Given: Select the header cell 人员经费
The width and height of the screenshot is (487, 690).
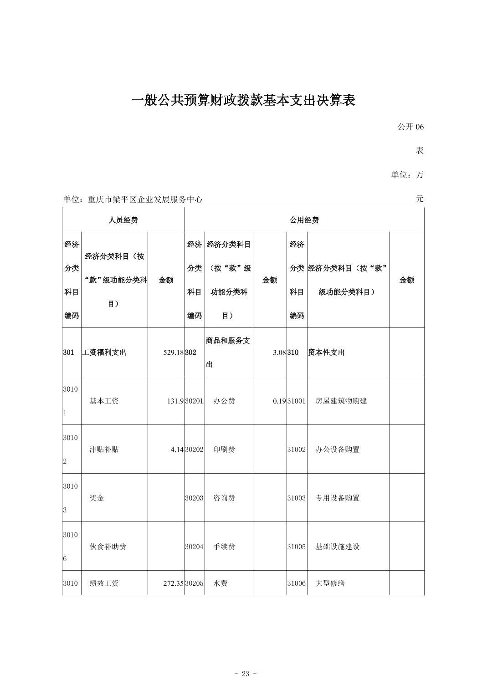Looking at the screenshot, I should pyautogui.click(x=123, y=220).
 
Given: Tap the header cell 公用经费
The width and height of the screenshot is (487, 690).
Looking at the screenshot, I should pyautogui.click(x=304, y=220).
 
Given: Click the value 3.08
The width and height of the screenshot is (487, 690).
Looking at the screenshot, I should pyautogui.click(x=279, y=353).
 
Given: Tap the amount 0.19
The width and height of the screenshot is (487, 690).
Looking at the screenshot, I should pyautogui.click(x=279, y=401).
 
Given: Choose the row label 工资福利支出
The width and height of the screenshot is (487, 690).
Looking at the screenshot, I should pyautogui.click(x=104, y=353).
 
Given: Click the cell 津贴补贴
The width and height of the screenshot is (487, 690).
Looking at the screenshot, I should pyautogui.click(x=104, y=450).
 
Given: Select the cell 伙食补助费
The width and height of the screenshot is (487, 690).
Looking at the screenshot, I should pyautogui.click(x=108, y=547).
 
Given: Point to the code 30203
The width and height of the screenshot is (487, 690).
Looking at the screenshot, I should pyautogui.click(x=194, y=498).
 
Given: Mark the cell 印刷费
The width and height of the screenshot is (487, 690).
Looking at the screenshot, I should pyautogui.click(x=224, y=450).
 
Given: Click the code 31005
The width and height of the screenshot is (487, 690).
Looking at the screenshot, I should pyautogui.click(x=296, y=547).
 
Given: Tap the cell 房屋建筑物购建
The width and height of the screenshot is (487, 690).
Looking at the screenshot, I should pyautogui.click(x=341, y=401).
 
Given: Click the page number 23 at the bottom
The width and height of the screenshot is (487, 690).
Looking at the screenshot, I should pyautogui.click(x=246, y=674).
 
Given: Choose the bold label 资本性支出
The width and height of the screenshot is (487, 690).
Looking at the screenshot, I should pyautogui.click(x=326, y=353).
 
